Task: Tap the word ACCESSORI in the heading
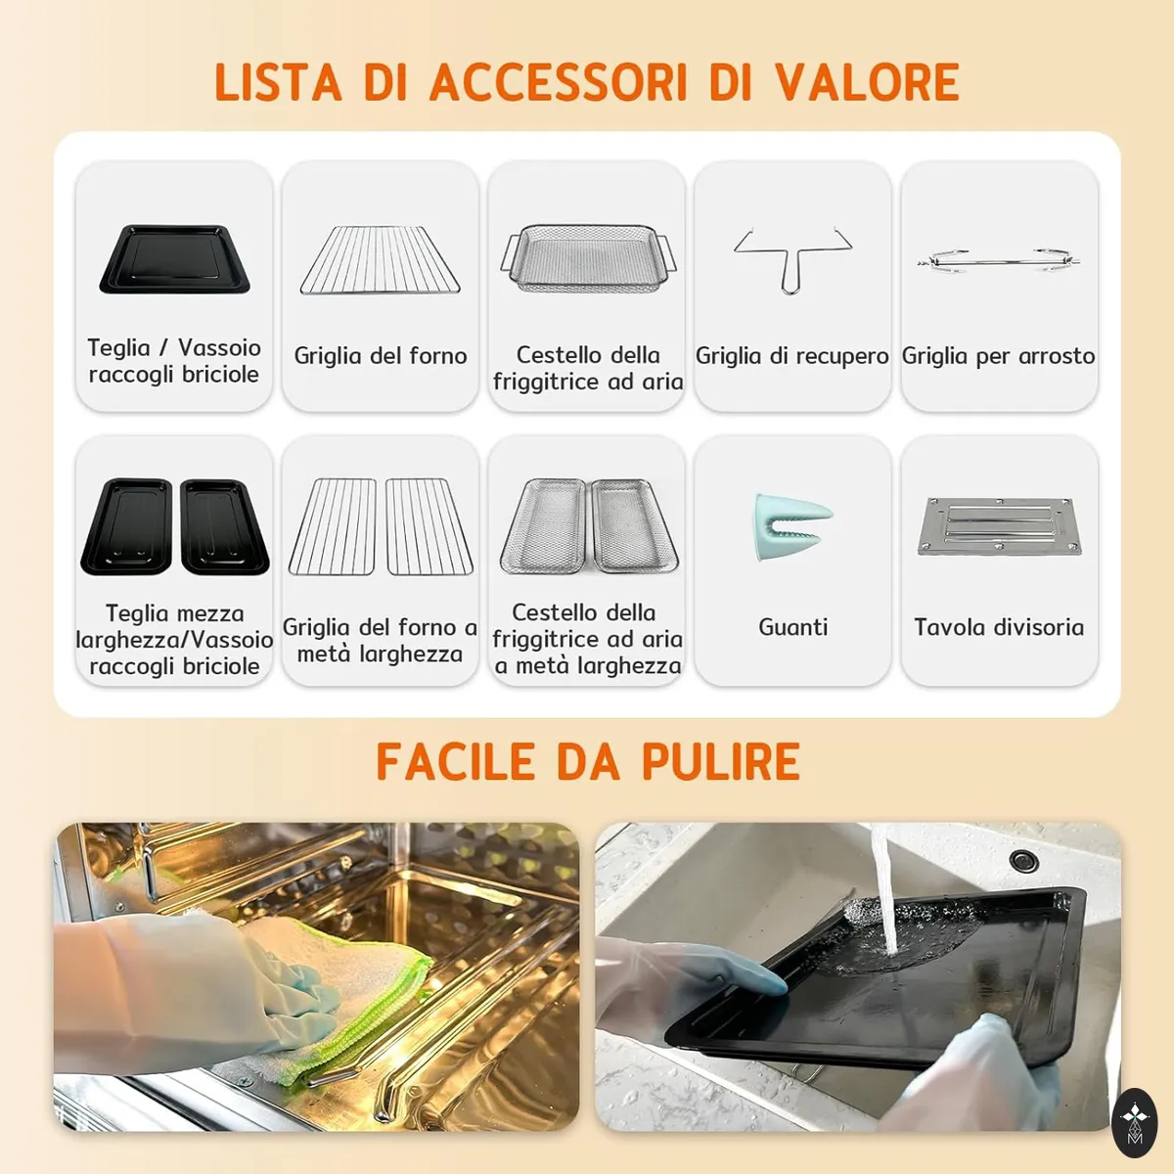tap(559, 81)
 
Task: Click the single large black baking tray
tap(175, 259)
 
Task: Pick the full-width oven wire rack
tap(381, 260)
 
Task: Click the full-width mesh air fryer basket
tap(589, 258)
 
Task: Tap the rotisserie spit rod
tap(999, 261)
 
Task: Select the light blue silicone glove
tap(792, 527)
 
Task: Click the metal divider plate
tap(999, 526)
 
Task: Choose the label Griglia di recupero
tap(792, 356)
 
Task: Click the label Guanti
tap(792, 627)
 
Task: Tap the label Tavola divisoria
tap(999, 627)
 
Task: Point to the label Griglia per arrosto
tap(999, 356)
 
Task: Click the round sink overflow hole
tap(1023, 861)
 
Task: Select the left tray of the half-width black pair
tap(127, 526)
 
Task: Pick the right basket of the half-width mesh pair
tap(634, 526)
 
